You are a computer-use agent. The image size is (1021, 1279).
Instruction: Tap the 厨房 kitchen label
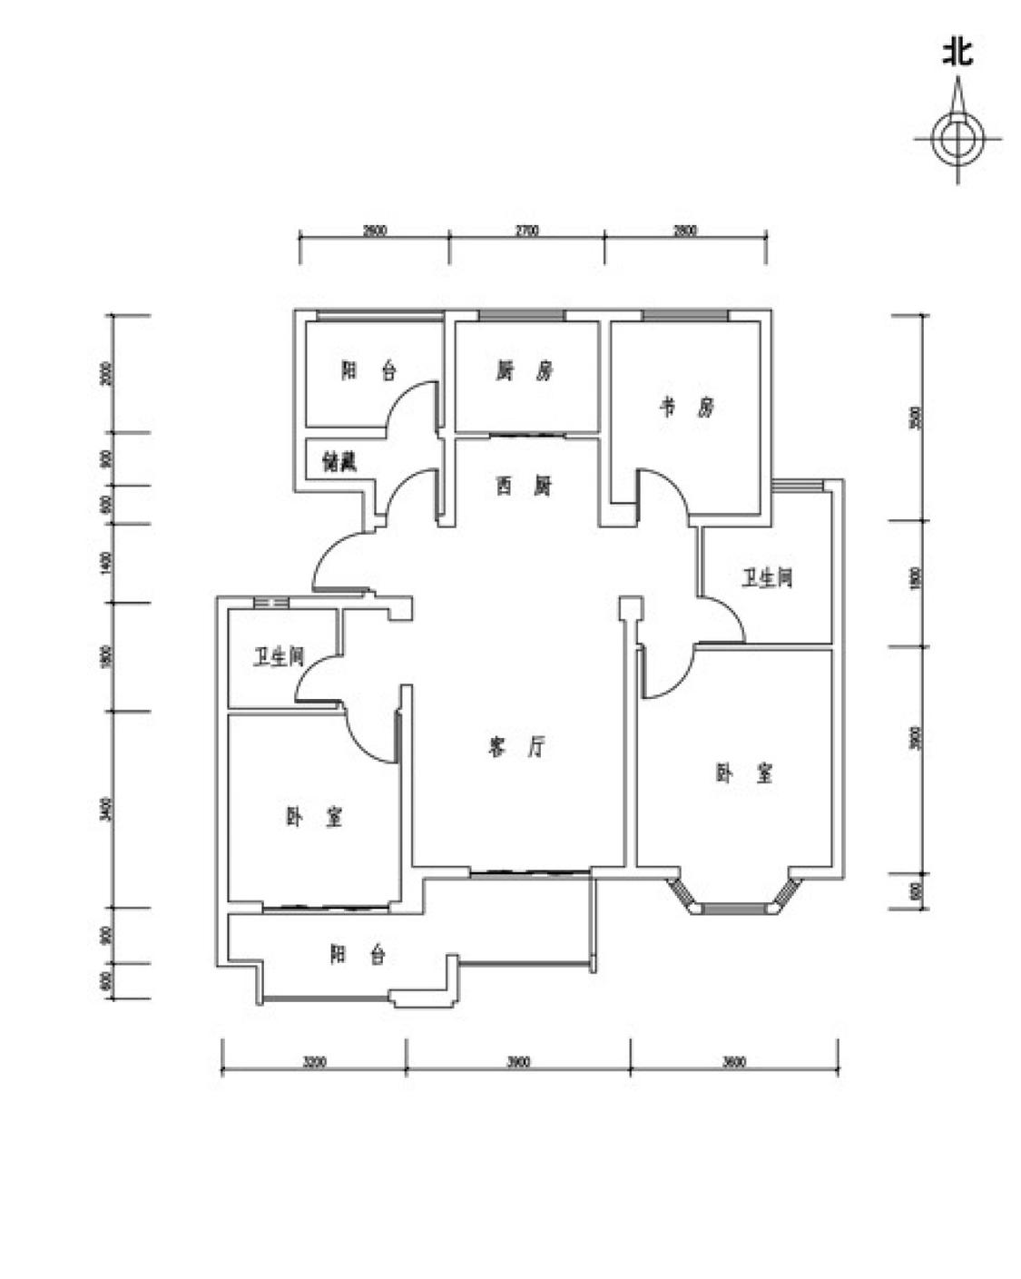524,370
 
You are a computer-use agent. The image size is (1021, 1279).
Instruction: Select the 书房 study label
686,407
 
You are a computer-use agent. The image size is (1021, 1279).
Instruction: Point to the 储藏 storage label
339,463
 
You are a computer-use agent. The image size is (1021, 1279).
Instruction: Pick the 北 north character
957,51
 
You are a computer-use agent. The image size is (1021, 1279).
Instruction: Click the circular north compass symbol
957,140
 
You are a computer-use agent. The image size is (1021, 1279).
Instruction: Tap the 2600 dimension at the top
374,231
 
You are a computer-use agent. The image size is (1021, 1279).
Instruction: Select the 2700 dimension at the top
526,231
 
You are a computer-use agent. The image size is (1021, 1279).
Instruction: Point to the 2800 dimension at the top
685,231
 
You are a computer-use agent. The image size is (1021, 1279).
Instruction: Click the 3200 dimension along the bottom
313,1061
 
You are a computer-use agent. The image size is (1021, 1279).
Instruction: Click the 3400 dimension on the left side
106,809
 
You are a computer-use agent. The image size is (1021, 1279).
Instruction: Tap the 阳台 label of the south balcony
358,955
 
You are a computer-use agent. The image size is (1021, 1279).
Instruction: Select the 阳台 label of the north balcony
368,370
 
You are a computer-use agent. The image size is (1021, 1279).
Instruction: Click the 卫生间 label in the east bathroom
767,578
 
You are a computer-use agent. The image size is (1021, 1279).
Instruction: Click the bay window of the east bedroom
736,905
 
